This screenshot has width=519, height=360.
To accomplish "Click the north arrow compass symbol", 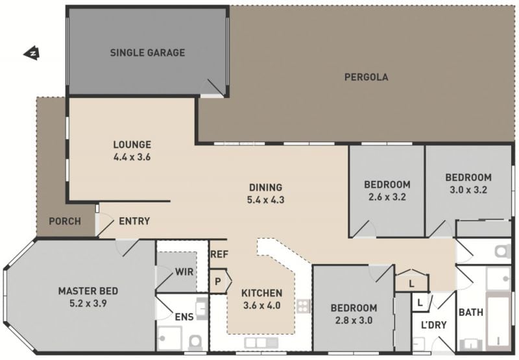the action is [32, 53].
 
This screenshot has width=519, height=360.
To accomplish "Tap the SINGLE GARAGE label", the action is [148, 53].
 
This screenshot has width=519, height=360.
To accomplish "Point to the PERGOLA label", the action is [367, 77].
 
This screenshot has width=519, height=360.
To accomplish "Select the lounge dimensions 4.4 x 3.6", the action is [132, 157].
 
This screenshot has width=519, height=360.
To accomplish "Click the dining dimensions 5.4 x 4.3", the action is [266, 200].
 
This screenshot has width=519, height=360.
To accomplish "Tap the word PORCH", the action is [65, 221].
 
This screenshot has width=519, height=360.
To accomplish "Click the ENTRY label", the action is [134, 221].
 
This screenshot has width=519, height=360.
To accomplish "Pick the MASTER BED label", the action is [88, 291].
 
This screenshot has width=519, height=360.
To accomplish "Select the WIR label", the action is [184, 272].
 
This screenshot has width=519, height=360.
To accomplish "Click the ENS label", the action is [184, 317].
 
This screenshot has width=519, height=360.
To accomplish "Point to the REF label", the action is [219, 254].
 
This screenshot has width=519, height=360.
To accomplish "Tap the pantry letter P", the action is [218, 282].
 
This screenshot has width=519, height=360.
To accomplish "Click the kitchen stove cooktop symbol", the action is [304, 306].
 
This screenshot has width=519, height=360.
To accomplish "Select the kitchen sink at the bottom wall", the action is [261, 342].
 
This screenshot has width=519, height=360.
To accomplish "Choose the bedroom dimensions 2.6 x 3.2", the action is [387, 197].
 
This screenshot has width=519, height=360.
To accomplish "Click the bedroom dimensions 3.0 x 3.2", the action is [468, 190].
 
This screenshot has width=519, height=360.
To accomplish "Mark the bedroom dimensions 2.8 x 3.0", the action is [354, 320].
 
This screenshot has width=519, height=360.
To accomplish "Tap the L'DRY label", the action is [434, 325].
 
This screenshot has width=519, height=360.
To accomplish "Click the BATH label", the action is [471, 312].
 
